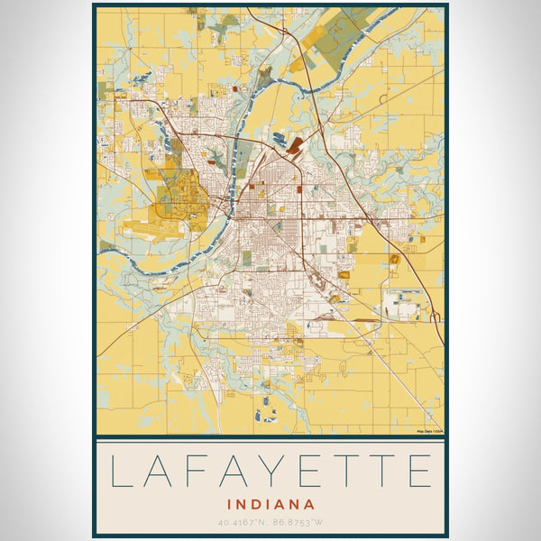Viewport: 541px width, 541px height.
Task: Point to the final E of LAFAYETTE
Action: tap(417, 472)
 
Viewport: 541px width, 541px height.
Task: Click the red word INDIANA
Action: tap(270, 505)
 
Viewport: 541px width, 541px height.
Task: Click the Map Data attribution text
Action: tap(428, 432)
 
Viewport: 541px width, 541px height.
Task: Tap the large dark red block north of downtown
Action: tap(297, 144)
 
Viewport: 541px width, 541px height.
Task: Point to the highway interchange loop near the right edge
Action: tap(435, 316)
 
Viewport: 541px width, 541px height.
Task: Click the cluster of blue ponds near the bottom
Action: tap(265, 416)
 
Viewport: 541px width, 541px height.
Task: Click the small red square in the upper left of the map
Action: tap(235, 89)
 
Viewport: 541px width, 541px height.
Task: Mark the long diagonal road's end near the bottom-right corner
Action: tap(438, 426)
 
